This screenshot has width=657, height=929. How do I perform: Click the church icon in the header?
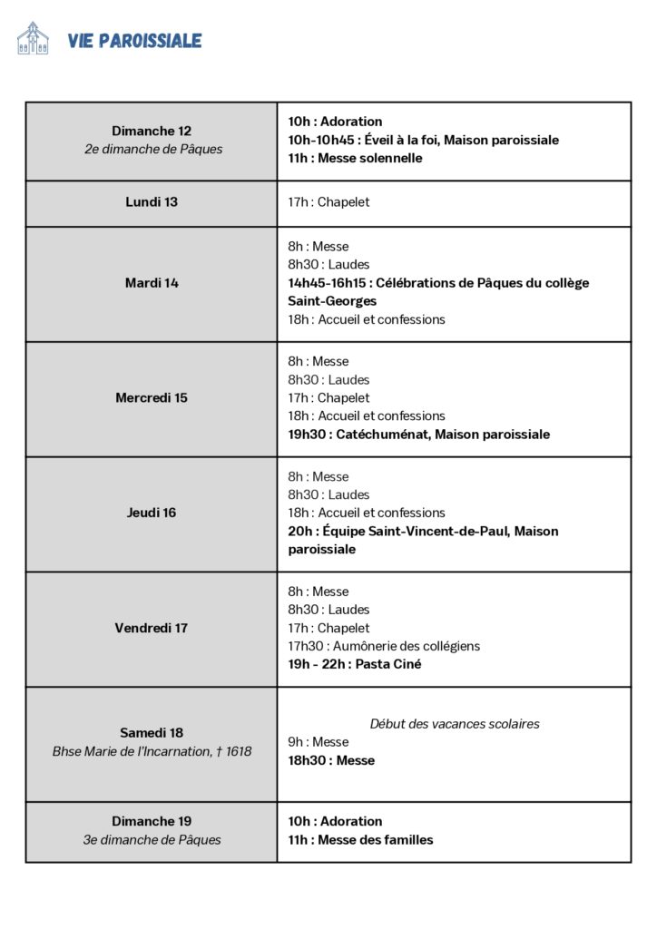pyautogui.click(x=33, y=38)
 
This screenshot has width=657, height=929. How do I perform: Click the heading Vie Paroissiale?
pyautogui.click(x=134, y=40)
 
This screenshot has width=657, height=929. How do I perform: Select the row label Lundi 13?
pyautogui.click(x=152, y=202)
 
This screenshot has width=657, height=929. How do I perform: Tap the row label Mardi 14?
pyautogui.click(x=152, y=283)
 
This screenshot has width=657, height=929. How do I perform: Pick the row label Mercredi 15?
pyautogui.click(x=152, y=398)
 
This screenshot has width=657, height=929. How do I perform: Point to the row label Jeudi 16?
pyautogui.click(x=152, y=513)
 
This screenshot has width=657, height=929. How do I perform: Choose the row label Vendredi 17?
pyautogui.click(x=152, y=628)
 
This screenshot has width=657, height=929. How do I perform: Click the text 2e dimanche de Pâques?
pyautogui.click(x=152, y=150)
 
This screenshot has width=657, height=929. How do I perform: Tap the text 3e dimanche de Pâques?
pyautogui.click(x=152, y=840)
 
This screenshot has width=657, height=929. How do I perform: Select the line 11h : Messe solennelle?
pyautogui.click(x=355, y=159)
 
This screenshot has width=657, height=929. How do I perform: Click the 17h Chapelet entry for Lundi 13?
pyautogui.click(x=328, y=202)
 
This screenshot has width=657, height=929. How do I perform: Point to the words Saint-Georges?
pyautogui.click(x=332, y=301)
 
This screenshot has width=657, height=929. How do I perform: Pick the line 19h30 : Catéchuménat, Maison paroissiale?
pyautogui.click(x=418, y=435)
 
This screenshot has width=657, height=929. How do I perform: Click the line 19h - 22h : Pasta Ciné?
pyautogui.click(x=355, y=665)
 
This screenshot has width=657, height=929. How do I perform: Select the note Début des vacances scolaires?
pyautogui.click(x=455, y=724)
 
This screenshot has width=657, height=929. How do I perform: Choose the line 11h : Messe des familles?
pyautogui.click(x=360, y=840)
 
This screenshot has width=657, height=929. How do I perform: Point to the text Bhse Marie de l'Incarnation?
pyautogui.click(x=134, y=751)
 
